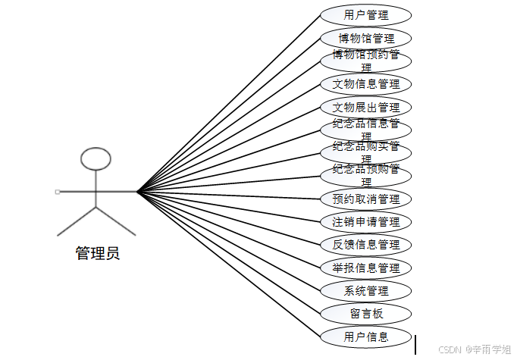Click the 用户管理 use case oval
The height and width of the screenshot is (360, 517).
click(x=365, y=15)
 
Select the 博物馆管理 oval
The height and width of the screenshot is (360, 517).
click(x=365, y=38)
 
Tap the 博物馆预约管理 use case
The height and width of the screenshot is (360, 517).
click(x=365, y=60)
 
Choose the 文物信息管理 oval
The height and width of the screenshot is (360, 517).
click(x=365, y=83)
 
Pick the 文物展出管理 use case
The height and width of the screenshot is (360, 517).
click(x=365, y=107)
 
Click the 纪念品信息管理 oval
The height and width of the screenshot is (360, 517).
click(x=365, y=130)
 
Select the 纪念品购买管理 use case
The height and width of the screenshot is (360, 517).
click(x=365, y=152)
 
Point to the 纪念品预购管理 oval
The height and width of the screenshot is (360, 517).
click(x=365, y=175)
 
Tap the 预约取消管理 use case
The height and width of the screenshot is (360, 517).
click(x=365, y=199)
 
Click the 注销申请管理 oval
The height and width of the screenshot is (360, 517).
click(x=365, y=222)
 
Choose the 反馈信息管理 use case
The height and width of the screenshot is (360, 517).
click(x=365, y=245)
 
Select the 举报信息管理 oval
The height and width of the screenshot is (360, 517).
click(x=365, y=268)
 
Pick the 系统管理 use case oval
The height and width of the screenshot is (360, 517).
click(x=365, y=290)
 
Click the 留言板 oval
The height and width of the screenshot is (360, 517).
click(x=365, y=314)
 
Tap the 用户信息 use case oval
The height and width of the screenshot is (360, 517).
click(x=365, y=337)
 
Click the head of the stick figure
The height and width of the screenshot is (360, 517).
click(x=96, y=158)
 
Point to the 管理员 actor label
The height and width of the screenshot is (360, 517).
click(x=97, y=253)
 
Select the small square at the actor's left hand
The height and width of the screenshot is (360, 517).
click(x=58, y=192)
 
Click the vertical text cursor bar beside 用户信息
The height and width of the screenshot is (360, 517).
click(x=415, y=345)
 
